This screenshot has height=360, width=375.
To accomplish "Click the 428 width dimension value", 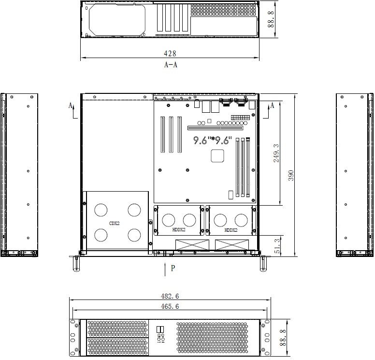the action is pyautogui.click(x=170, y=53).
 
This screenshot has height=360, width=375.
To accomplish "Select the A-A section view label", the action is pyautogui.click(x=171, y=65).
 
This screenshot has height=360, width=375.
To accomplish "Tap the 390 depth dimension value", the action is pyautogui.click(x=291, y=175).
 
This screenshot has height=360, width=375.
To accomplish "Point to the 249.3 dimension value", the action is pyautogui.click(x=276, y=153).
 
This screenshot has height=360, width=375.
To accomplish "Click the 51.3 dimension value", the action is pyautogui.click(x=277, y=246).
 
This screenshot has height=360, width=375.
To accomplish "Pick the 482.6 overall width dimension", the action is pyautogui.click(x=170, y=296).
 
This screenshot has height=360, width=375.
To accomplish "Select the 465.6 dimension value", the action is pyautogui.click(x=170, y=306).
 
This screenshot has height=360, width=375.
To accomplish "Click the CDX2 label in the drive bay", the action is pyautogui.click(x=115, y=224).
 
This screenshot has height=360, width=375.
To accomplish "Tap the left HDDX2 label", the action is pyautogui.click(x=179, y=229).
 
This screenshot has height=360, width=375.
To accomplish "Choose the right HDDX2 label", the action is pyautogui.click(x=231, y=230).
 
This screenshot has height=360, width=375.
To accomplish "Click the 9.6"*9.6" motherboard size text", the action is pyautogui.click(x=213, y=140).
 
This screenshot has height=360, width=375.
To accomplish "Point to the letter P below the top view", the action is pyautogui.click(x=173, y=268).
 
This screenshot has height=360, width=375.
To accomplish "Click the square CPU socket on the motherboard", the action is pyautogui.click(x=217, y=156).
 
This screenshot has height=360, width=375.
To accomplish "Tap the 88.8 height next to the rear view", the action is pyautogui.click(x=271, y=19).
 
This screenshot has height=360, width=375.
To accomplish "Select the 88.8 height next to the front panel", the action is pyautogui.click(x=283, y=337).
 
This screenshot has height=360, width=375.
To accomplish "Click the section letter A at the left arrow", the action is pyautogui.click(x=71, y=105).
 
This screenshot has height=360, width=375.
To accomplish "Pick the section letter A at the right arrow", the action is pyautogui.click(x=272, y=105).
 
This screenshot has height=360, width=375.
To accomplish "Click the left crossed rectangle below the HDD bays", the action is pyautogui.click(x=192, y=245).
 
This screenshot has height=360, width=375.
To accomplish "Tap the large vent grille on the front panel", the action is pyautogui.click(x=212, y=338).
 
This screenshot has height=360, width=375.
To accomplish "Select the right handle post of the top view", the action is pyautogui.click(x=263, y=264).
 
